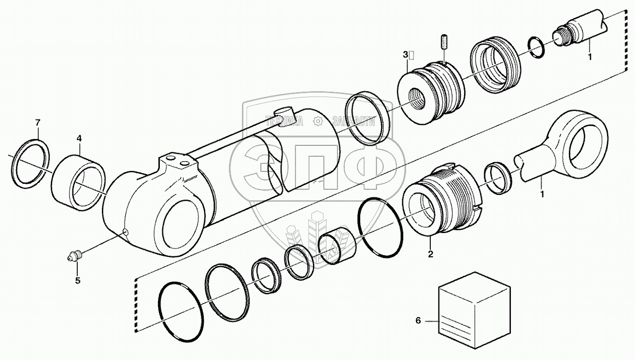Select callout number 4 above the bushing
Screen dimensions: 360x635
tap(79, 138)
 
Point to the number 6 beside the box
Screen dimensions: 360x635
tap(418, 320)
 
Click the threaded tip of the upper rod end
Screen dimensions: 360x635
tap(560, 37)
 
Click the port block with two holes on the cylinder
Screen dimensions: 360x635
tap(176, 162)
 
